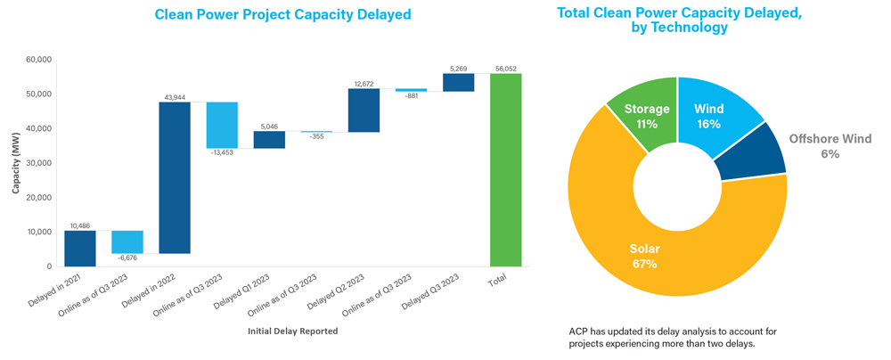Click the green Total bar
505,169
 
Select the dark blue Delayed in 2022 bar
175,178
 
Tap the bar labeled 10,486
80,248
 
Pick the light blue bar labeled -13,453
222,126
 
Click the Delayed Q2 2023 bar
364,110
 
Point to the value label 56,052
506,69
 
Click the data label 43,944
175,96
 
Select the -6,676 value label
127,258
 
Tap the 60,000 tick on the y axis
38,60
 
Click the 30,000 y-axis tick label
38,163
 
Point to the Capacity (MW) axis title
16,162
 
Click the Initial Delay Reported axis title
293,331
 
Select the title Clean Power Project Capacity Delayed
282,14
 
